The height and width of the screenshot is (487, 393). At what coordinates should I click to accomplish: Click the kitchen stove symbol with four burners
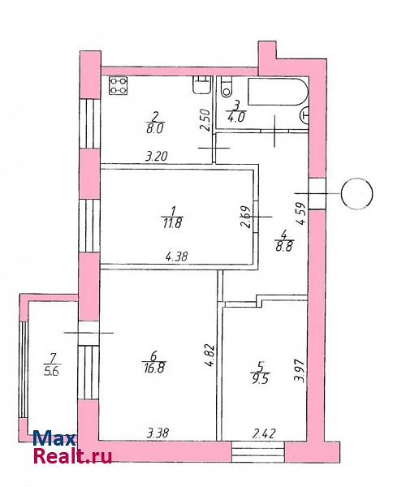(119, 86)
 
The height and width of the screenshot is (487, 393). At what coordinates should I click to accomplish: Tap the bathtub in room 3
(278, 92)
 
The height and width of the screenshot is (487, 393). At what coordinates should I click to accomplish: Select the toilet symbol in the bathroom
(227, 87)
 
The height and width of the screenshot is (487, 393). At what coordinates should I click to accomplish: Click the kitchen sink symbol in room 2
(202, 85)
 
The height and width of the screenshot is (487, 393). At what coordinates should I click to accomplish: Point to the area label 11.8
(172, 223)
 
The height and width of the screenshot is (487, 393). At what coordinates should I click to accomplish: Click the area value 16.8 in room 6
(154, 368)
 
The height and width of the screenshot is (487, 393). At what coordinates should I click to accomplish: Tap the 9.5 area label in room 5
(260, 378)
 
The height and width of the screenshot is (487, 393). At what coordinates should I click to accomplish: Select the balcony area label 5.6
(51, 371)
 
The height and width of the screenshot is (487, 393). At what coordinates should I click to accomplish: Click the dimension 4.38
(176, 256)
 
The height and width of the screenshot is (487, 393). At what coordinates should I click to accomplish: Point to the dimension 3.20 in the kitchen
(157, 156)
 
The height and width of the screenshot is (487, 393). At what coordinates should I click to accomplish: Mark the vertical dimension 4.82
(210, 356)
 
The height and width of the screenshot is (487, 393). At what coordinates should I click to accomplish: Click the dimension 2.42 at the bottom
(265, 433)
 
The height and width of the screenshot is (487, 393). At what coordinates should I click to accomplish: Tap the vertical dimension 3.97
(301, 371)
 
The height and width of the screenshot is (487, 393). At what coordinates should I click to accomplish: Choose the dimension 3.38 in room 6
(158, 433)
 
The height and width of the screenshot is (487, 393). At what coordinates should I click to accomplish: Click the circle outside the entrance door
(356, 193)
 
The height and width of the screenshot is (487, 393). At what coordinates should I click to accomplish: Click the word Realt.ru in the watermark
(72, 456)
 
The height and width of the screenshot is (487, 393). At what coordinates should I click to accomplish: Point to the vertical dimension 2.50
(205, 119)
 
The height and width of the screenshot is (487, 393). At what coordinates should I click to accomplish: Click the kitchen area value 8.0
(154, 128)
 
